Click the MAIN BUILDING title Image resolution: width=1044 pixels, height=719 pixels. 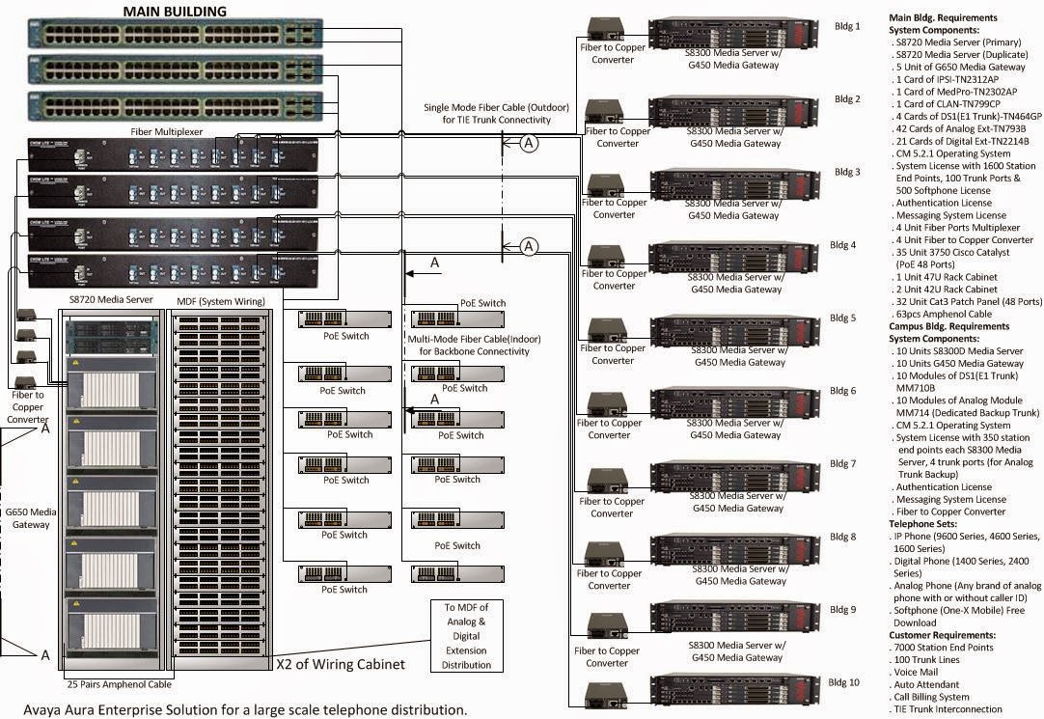click(x=175, y=12)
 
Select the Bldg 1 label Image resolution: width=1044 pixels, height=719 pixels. click(x=846, y=26)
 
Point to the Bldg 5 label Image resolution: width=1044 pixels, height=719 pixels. click(x=844, y=318)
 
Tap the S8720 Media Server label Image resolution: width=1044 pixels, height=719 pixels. click(x=111, y=300)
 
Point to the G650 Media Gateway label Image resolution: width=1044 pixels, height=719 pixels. click(x=32, y=517)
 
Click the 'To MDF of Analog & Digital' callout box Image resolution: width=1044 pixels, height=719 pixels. click(x=467, y=635)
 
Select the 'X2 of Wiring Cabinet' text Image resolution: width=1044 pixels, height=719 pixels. click(x=341, y=664)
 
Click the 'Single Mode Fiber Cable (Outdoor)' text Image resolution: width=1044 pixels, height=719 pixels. click(x=487, y=107)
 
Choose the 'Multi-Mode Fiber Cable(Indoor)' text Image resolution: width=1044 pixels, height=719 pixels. click(x=474, y=340)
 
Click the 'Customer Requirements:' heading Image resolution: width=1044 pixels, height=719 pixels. click(x=942, y=635)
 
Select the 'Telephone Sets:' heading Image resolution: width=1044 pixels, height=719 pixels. click(x=924, y=524)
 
